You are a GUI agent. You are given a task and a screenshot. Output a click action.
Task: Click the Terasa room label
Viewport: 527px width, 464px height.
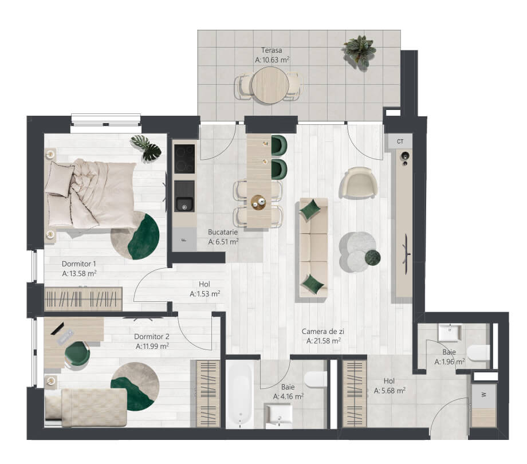click(272, 50)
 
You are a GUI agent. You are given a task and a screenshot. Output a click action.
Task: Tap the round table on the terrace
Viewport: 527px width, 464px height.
click(270, 85)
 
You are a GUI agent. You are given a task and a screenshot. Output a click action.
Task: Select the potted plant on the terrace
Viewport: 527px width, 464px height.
click(359, 52)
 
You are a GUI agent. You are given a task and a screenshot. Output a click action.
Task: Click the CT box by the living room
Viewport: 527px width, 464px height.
click(400, 141)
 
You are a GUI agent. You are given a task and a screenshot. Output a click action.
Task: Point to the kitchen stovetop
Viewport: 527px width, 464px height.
click(184, 159)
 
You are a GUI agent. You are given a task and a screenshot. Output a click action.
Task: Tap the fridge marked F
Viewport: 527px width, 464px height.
click(184, 239)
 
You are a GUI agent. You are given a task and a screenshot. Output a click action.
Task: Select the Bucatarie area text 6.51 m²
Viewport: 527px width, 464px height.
click(223, 242)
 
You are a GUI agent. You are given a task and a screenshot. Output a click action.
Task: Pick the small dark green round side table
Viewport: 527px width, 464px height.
click(373, 257)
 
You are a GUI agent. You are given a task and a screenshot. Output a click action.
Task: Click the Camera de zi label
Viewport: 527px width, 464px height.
click(323, 331)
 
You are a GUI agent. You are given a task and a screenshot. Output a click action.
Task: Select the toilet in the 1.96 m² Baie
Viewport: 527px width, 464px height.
click(478, 353)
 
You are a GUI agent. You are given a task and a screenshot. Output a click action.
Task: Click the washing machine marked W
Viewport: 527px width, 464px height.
click(484, 395)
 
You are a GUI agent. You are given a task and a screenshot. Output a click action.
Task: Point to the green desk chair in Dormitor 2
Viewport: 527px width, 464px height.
click(77, 355)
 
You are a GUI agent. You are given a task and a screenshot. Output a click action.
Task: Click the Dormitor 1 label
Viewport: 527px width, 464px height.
click(79, 264)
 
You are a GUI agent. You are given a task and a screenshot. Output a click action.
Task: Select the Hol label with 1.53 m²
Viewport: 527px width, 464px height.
click(204, 289)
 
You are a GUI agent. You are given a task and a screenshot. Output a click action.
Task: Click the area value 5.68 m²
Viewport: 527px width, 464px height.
click(390, 391)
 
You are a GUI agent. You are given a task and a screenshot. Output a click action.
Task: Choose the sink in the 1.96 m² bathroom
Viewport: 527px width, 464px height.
click(449, 332)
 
